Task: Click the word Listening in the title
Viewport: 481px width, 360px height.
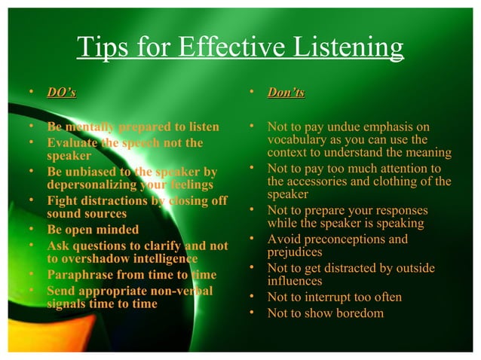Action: (339, 48)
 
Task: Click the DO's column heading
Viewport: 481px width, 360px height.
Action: (61, 93)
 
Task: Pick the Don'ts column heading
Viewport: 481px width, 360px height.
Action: (286, 93)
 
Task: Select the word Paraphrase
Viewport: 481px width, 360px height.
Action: (82, 275)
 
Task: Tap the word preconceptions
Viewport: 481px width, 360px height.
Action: (337, 239)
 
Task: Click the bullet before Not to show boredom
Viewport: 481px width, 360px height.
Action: (253, 313)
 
